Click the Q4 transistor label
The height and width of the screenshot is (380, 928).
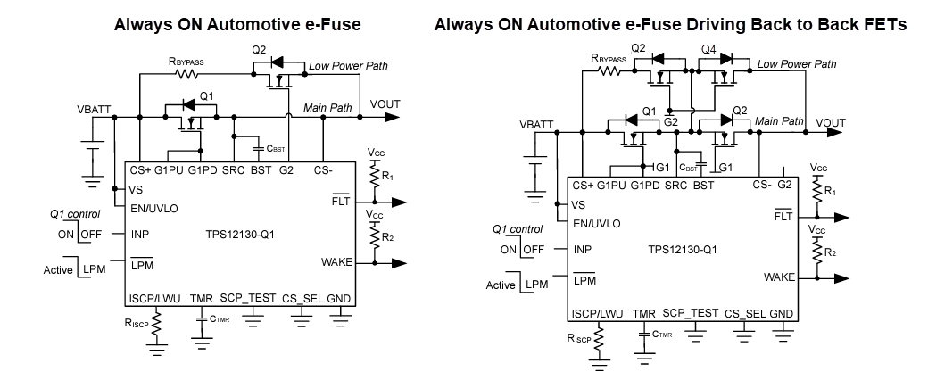coord(708,48)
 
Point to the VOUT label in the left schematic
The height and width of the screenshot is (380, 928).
coord(385,104)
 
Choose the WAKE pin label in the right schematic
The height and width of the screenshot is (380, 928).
coord(779,277)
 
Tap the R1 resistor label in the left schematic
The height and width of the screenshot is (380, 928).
coord(386,177)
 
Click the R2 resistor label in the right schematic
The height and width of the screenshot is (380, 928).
coord(830,253)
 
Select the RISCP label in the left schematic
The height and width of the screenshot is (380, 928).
coord(137,325)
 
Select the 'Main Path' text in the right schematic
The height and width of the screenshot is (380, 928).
coord(779,120)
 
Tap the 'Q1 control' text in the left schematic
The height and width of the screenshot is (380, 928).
coord(75,214)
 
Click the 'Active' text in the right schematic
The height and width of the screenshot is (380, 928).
coord(501,285)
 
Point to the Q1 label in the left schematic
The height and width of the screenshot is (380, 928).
coord(206,95)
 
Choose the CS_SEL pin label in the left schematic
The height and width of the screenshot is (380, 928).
coord(301,298)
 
